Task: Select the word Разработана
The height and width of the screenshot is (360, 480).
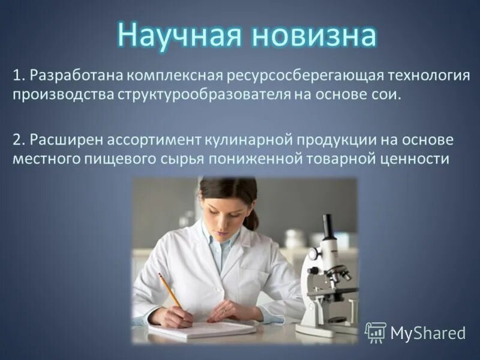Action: pos(76,77)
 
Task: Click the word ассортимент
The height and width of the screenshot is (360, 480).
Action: pos(152,140)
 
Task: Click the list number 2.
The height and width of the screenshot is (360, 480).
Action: pos(16,140)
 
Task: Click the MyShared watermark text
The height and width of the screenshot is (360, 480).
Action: pos(427,332)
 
